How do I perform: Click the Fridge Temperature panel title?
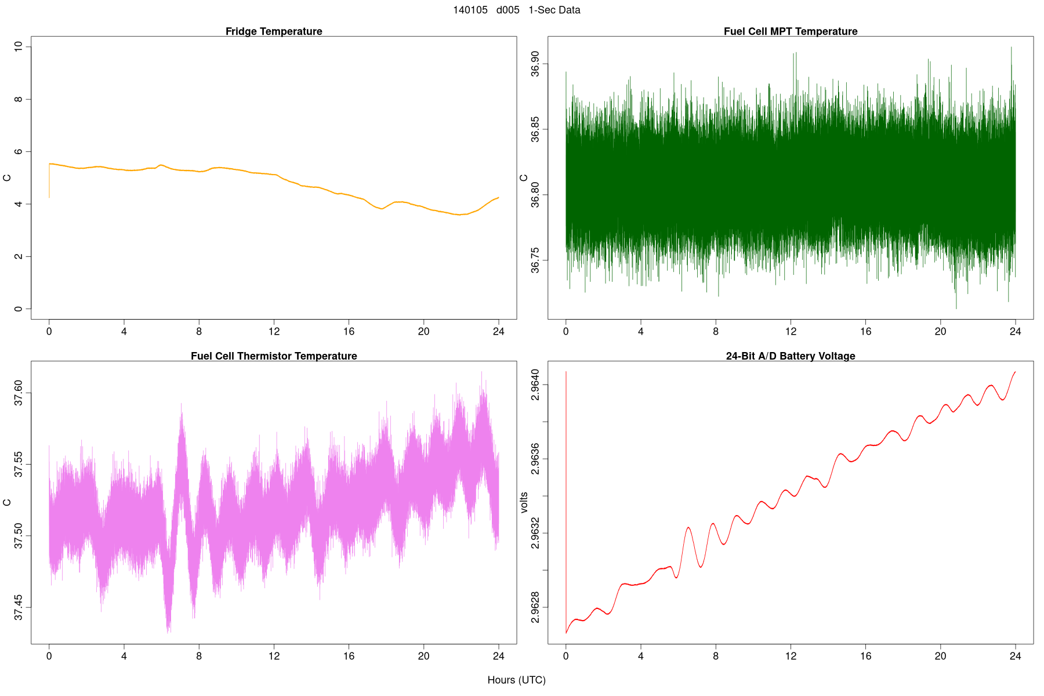(274, 31)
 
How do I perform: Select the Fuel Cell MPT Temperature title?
(791, 31)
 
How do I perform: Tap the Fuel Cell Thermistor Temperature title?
(274, 356)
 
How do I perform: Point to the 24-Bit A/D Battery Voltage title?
(791, 356)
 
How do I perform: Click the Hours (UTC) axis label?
(516, 680)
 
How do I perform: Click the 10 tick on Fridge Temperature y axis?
(19, 46)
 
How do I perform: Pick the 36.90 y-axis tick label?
(535, 64)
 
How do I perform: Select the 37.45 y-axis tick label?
(19, 607)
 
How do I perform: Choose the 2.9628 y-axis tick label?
(535, 607)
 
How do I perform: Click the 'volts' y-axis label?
(524, 502)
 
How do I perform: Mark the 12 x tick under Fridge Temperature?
(274, 332)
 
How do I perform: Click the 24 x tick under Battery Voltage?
(1015, 656)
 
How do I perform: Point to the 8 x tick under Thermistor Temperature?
(199, 656)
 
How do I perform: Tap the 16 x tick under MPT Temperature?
(865, 332)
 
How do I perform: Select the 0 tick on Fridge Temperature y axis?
(19, 309)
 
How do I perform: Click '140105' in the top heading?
(470, 10)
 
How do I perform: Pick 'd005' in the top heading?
(507, 10)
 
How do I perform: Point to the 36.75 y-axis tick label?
(535, 260)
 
